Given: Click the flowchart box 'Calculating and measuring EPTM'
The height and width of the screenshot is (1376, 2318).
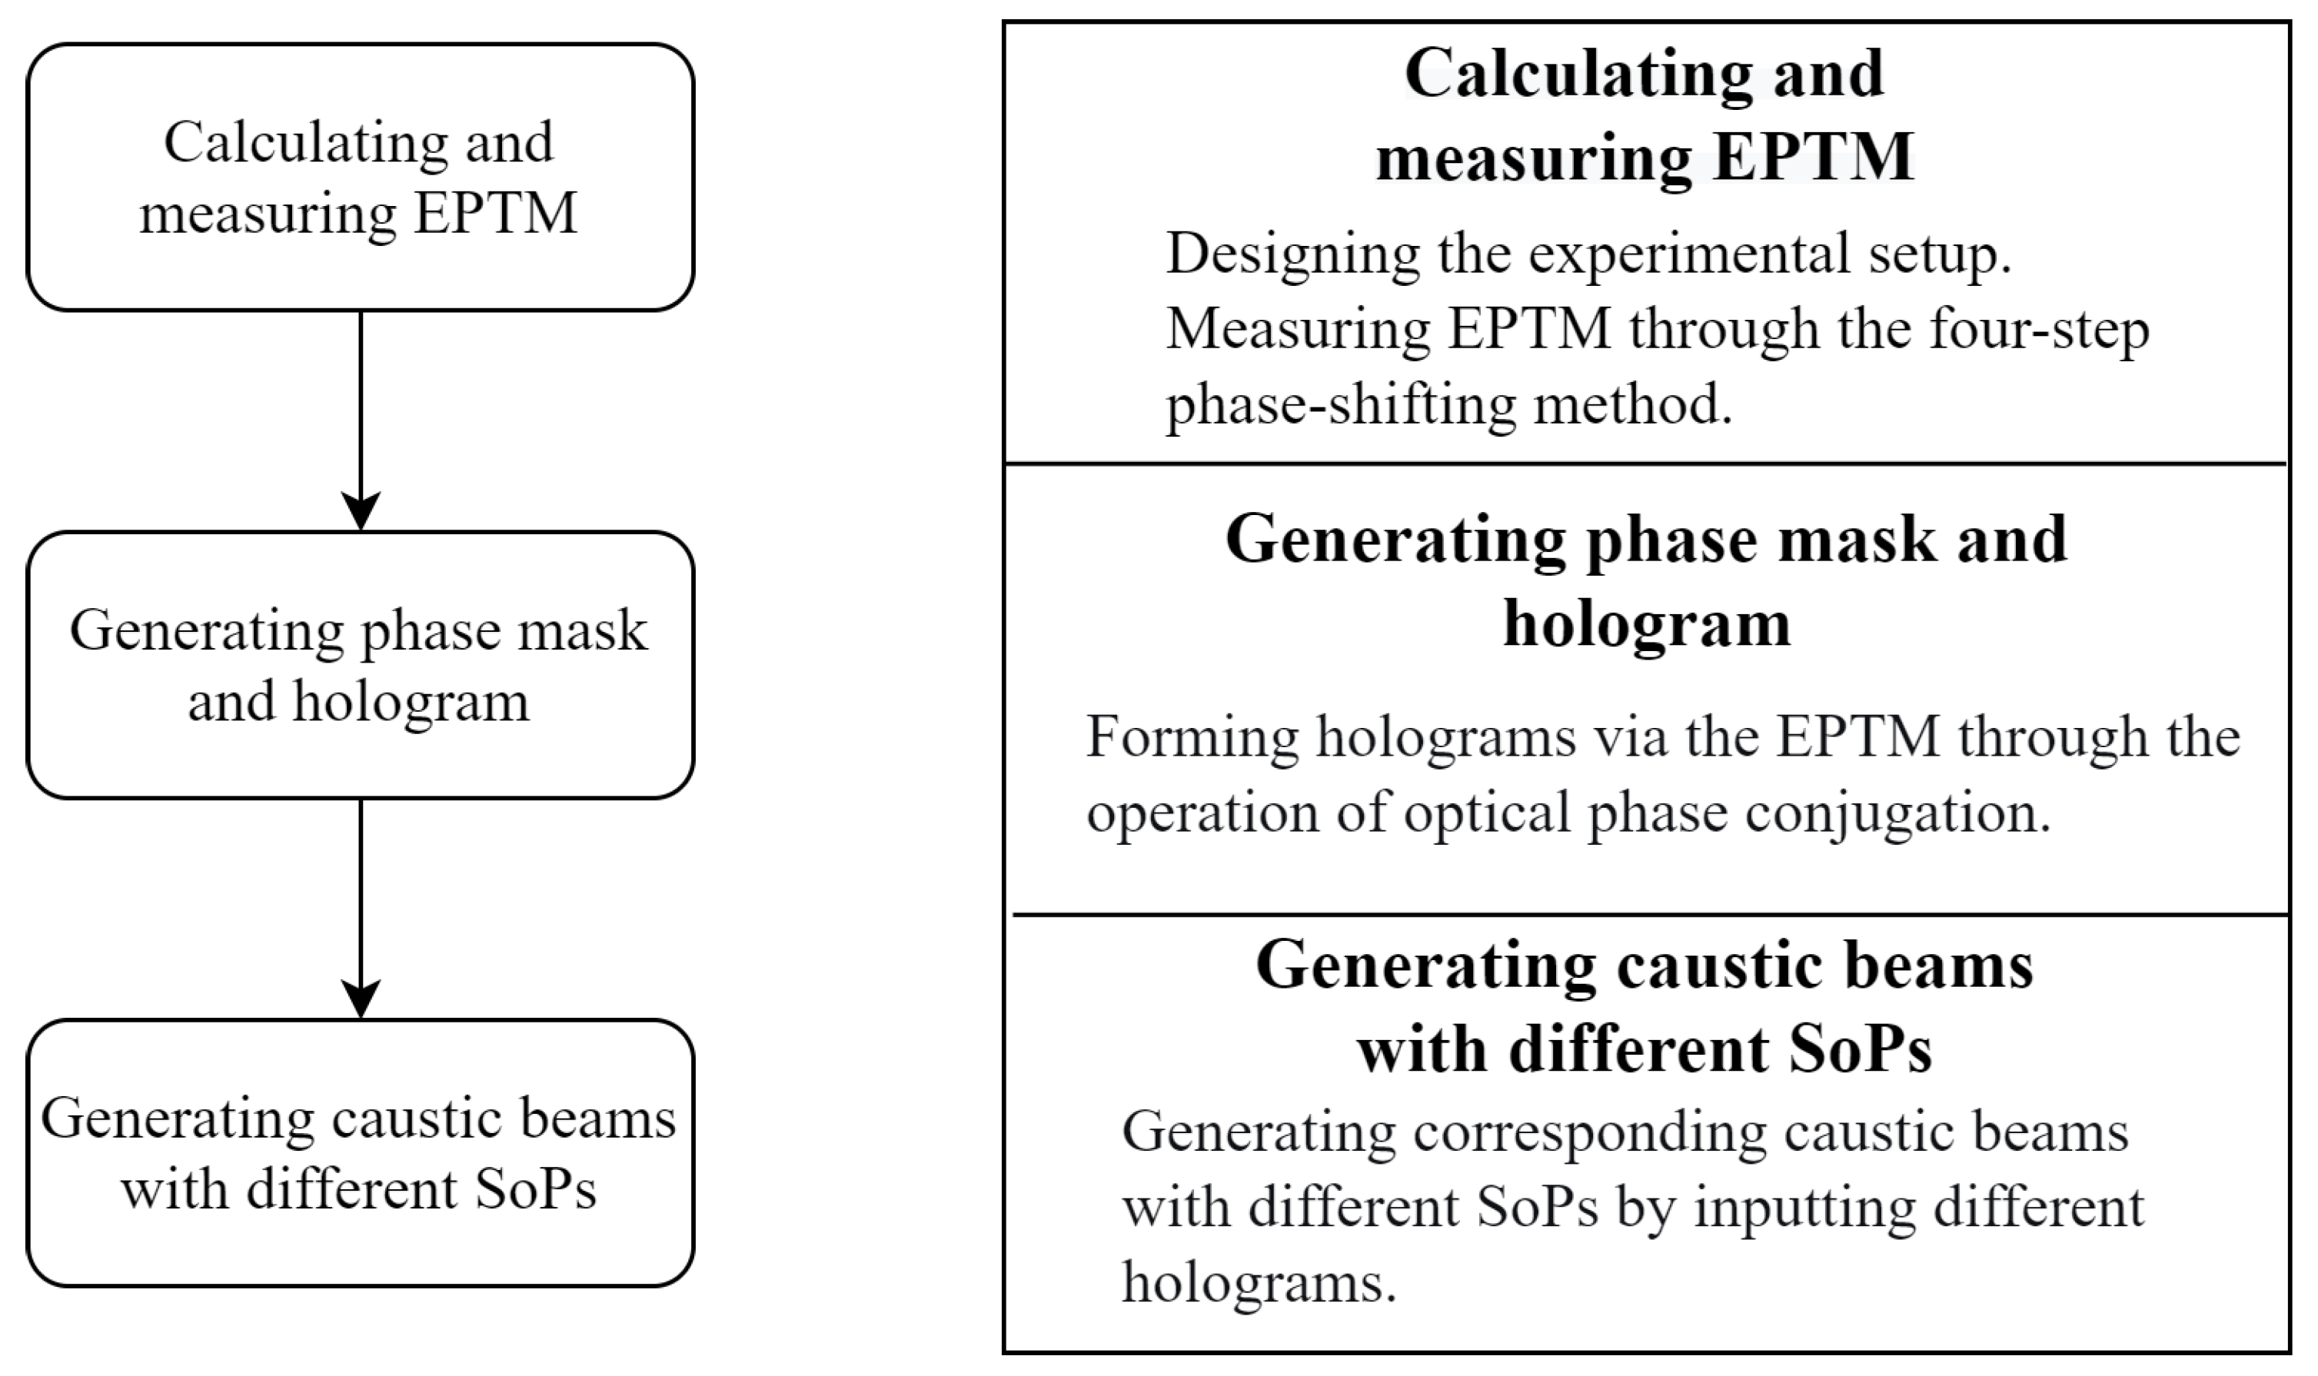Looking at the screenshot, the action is (360, 177).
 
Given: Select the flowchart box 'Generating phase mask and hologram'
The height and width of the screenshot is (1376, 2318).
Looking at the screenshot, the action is (360, 665).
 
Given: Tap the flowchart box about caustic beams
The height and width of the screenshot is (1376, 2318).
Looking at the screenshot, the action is (360, 1152).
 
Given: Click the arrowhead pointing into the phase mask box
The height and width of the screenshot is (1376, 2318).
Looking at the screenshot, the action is (361, 512).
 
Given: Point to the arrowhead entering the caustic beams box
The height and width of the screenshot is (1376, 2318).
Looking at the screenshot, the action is (361, 999).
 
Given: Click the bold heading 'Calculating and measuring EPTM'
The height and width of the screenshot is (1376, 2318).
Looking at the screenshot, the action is (1644, 115).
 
